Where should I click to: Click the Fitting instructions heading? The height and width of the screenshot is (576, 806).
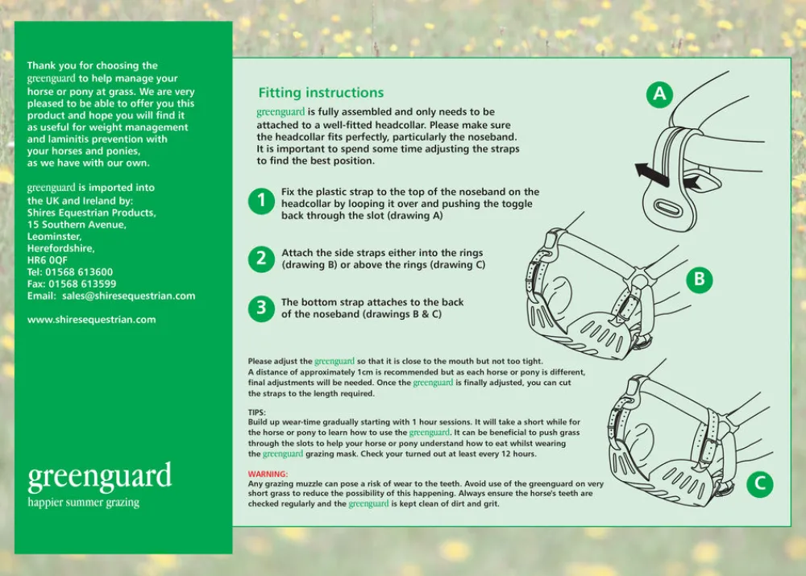coord(321,93)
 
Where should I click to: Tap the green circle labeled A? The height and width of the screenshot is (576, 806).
coord(660,94)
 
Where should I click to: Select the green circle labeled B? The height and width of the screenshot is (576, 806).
coord(700,280)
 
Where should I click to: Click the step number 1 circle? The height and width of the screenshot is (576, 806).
coord(261,201)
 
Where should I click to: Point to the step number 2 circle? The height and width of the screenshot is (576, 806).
coord(261,259)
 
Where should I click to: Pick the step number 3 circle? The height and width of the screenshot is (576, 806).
coord(261,308)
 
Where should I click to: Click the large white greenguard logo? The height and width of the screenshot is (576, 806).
coord(100,477)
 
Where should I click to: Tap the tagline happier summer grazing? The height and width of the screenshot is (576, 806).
coord(83,503)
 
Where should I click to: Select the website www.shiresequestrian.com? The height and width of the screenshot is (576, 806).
coord(92,320)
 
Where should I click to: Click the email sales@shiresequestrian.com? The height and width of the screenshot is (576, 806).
coord(129,296)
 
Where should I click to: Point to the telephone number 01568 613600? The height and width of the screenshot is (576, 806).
coord(80,272)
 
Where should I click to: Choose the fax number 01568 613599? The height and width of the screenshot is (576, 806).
coord(81,284)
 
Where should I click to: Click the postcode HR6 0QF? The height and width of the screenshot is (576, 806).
coord(48,260)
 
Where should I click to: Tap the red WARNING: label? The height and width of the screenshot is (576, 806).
coord(268,474)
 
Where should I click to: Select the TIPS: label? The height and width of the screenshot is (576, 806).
coord(257,412)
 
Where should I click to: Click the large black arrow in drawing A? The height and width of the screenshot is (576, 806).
coord(652,172)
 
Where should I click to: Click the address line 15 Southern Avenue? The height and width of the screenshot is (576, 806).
coord(77,225)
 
